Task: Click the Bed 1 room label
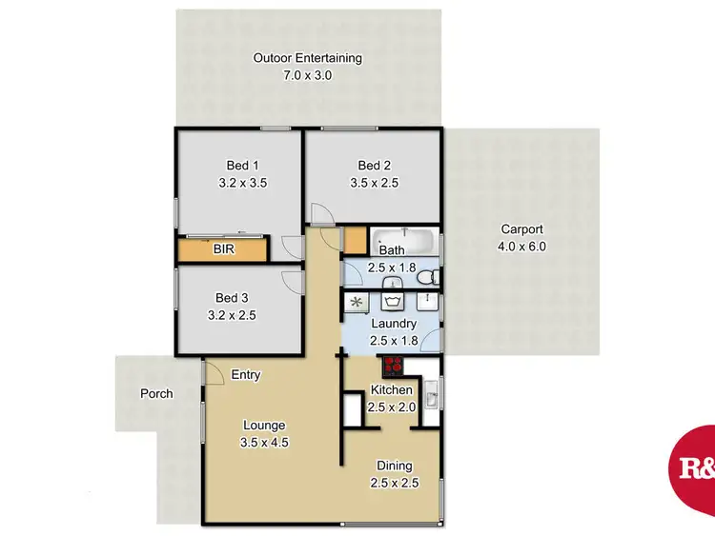(x=238, y=164)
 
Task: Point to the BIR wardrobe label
(x=224, y=250)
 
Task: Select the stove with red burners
(x=392, y=365)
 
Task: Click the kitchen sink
(x=432, y=392)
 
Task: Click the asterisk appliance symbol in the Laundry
(x=357, y=303)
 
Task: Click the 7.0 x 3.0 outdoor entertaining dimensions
(x=307, y=75)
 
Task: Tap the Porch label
(x=156, y=393)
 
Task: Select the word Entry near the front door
(x=246, y=375)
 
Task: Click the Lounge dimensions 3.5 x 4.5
(x=263, y=443)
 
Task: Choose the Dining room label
(x=394, y=466)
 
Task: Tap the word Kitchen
(x=392, y=390)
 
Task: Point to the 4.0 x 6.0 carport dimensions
(x=522, y=247)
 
